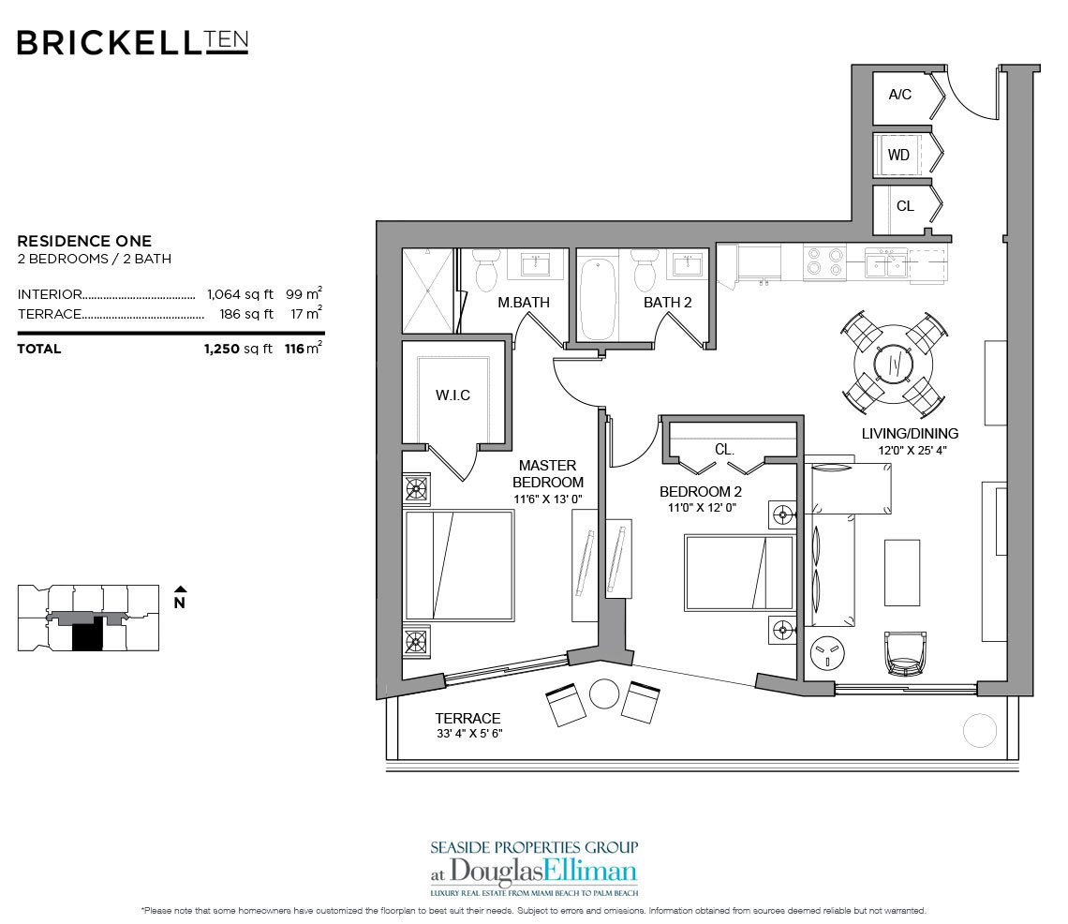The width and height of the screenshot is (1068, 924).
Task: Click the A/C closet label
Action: coord(899,95)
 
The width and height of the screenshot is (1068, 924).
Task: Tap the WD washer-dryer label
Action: coord(898,156)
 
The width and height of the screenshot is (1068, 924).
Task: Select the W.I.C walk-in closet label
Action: coord(452,395)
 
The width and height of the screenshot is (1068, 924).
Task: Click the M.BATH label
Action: coord(523,303)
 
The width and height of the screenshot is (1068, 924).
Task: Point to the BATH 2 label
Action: coord(667,303)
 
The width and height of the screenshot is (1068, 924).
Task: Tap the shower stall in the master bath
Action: coord(427,290)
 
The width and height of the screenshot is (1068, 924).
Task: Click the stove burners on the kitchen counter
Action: coord(823,260)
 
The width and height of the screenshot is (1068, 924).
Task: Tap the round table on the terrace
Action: coord(605,693)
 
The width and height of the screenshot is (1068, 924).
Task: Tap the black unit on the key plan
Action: coord(87,638)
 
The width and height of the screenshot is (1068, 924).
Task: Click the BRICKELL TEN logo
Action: coord(132,42)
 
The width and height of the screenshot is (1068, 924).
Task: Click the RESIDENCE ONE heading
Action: coord(84,241)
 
